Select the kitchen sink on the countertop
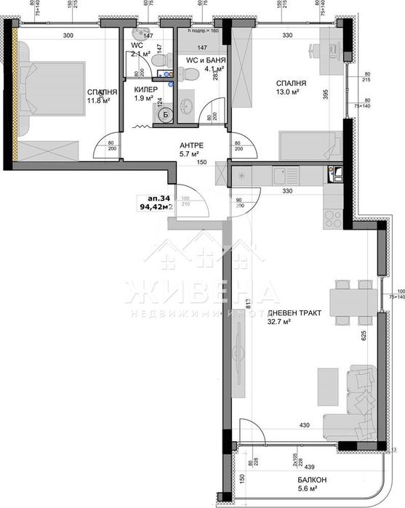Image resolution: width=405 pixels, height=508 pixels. coord(337,173)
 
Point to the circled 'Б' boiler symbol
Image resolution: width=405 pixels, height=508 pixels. coord(165,114)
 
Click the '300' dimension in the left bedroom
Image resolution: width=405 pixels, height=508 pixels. coord(69,35)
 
